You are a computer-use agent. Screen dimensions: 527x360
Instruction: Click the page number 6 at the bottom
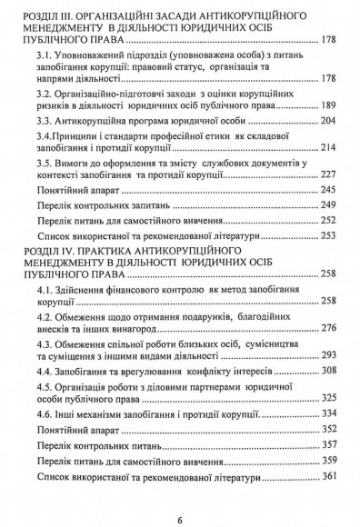[x=180, y=495]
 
